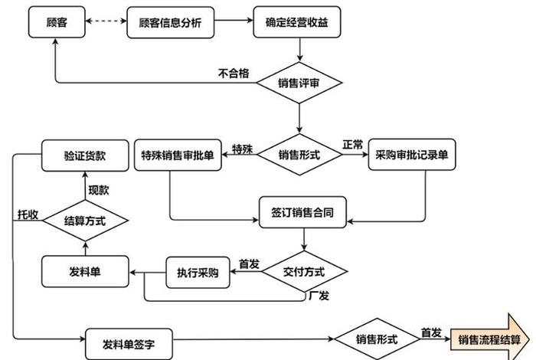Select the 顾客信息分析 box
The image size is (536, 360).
click(171, 22)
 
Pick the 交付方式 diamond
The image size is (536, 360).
click(304, 271)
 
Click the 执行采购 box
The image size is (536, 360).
click(198, 272)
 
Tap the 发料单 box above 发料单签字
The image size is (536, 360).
click(84, 272)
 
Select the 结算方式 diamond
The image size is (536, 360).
click(84, 221)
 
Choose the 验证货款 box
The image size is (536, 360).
click(84, 155)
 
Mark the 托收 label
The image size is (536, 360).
click(28, 214)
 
